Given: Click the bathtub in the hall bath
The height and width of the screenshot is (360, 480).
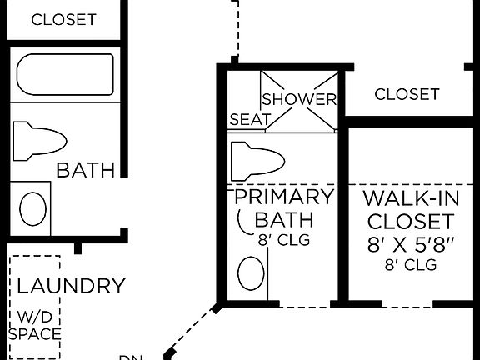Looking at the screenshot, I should pyautogui.click(x=65, y=75).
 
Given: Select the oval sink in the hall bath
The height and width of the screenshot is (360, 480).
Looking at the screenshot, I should pyautogui.click(x=34, y=208).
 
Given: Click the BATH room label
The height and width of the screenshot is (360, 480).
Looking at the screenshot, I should pyautogui.click(x=85, y=171).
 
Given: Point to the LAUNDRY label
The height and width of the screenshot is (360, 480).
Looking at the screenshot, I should pyautogui.click(x=71, y=287).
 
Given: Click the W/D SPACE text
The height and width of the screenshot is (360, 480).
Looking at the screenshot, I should pyautogui.click(x=34, y=326).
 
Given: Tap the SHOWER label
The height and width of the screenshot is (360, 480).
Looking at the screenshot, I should pyautogui.click(x=300, y=99).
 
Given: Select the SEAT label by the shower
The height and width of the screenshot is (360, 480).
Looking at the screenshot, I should pyautogui.click(x=249, y=120).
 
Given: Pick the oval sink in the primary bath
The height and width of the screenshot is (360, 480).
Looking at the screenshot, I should pyautogui.click(x=252, y=273).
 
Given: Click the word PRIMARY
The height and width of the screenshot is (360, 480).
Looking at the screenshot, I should pyautogui.click(x=283, y=197).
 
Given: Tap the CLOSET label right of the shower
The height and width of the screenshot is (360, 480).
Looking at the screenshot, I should pyautogui.click(x=407, y=94).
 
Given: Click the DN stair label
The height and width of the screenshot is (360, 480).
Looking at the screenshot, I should pyautogui.click(x=130, y=356).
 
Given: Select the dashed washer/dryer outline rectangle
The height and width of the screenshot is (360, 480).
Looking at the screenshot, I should pyautogui.click(x=34, y=306).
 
